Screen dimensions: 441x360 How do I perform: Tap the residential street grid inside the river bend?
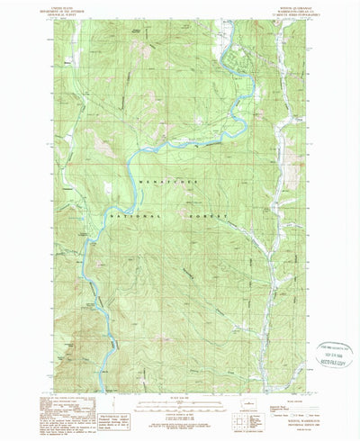[x=231, y=58]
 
